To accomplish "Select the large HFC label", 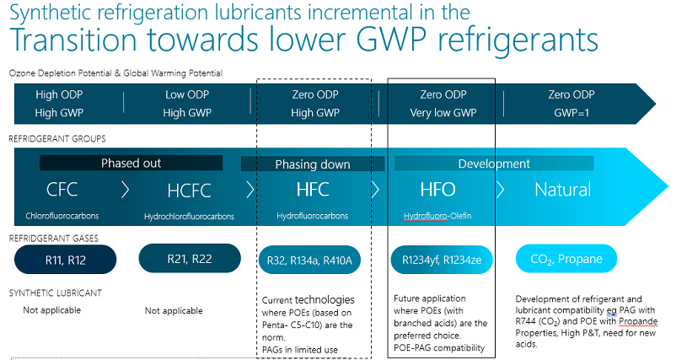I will point(313,190).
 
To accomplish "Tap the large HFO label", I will point(438,190).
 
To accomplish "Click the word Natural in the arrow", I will point(562,190).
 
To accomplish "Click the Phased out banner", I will point(131,163).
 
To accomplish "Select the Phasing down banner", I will point(313,164).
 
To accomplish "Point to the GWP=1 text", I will point(571,112).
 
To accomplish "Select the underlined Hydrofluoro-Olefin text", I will point(437,217).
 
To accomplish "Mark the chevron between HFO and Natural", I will point(499,190).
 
